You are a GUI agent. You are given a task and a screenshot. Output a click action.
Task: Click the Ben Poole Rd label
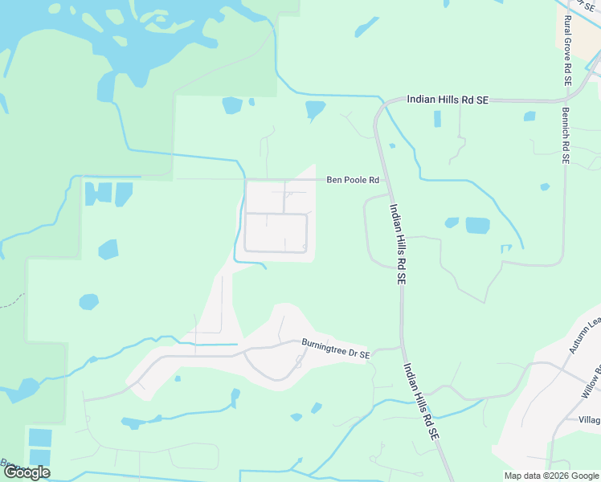(352, 180)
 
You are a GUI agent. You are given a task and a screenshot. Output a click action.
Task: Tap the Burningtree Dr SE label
(336, 348)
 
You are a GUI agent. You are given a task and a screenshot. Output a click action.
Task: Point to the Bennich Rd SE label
(566, 136)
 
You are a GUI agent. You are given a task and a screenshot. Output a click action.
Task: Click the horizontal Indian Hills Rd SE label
(448, 100)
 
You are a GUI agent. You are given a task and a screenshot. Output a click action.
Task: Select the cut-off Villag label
(589, 419)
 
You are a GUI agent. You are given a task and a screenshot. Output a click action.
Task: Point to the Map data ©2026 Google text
(550, 476)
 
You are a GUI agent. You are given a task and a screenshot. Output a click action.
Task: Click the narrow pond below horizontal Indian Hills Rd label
(437, 119)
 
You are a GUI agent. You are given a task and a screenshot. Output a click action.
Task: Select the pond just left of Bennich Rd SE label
(529, 116)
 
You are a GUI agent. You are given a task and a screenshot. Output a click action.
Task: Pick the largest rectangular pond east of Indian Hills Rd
(477, 226)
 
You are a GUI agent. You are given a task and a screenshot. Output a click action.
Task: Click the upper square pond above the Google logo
(39, 438)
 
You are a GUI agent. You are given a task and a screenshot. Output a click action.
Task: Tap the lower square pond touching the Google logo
(39, 460)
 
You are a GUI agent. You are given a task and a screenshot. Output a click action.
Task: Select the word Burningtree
(325, 346)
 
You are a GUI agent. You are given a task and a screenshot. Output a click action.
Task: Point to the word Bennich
(566, 128)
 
